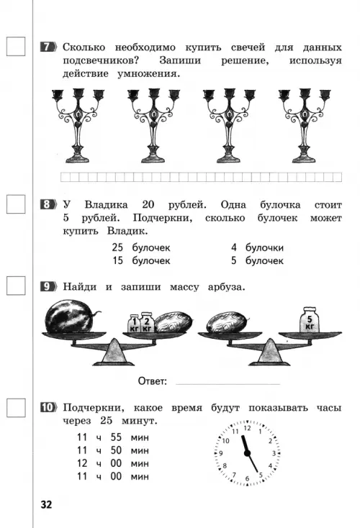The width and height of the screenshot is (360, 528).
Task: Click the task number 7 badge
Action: tap(48, 47)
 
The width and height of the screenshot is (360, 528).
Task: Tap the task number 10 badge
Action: tap(48, 407)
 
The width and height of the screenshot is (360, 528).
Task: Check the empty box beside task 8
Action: tap(16, 204)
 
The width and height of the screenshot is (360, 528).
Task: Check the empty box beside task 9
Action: tap(16, 286)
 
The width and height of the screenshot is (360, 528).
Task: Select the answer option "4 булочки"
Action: tap(257, 248)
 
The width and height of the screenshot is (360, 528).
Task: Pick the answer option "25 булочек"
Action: tap(141, 248)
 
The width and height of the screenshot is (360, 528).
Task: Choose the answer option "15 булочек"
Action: tap(141, 260)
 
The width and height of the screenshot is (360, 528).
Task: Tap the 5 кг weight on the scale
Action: tap(310, 319)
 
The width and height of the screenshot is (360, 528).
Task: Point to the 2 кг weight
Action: tap(148, 322)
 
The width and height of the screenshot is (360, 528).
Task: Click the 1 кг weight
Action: tap(134, 324)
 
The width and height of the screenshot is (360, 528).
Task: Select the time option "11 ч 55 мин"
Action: tap(113, 437)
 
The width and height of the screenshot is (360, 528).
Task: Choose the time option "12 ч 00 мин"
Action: tap(113, 464)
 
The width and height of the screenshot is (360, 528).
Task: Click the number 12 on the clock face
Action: tap(248, 428)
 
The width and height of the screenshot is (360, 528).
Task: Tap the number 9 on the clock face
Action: tap(221, 453)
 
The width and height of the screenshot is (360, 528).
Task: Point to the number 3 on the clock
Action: tap(274, 453)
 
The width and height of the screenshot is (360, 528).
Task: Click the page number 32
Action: tap(47, 505)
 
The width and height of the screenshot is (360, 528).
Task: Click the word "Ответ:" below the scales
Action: tap(153, 381)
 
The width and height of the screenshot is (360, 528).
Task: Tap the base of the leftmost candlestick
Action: tap(78, 158)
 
